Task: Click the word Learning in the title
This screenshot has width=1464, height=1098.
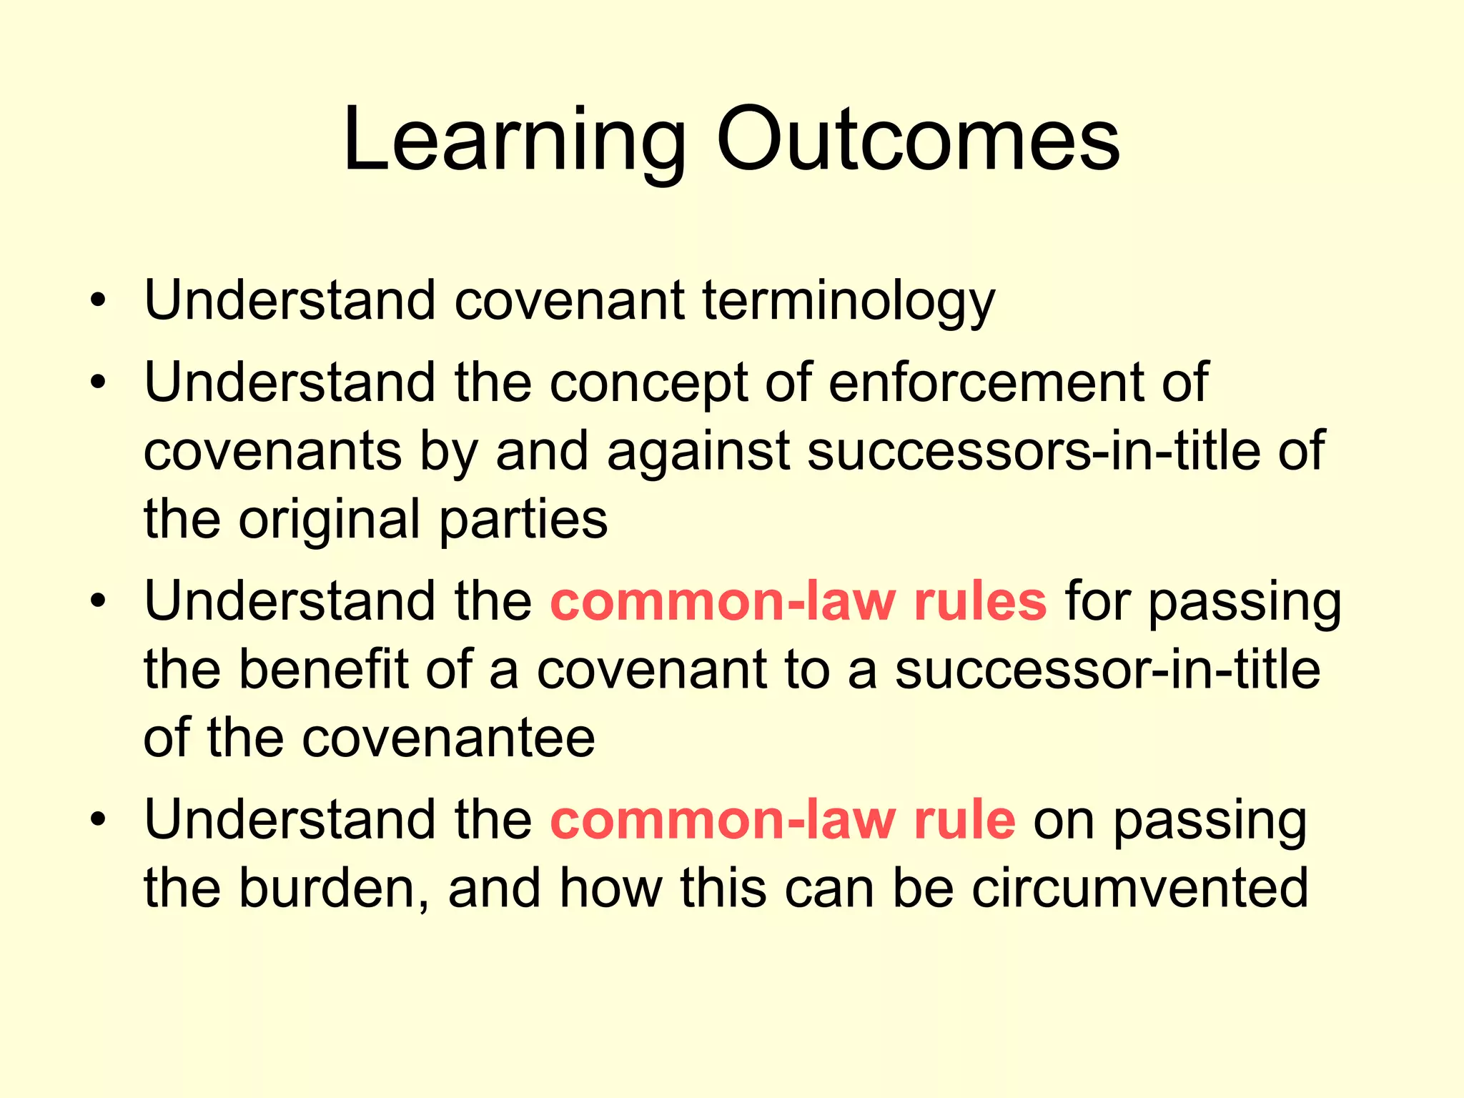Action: [514, 141]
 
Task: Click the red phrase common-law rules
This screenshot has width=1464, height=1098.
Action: [798, 601]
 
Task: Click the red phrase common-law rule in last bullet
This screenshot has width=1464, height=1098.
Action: [782, 820]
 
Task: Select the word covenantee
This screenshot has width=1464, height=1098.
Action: [448, 738]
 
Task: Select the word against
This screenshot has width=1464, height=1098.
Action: [698, 452]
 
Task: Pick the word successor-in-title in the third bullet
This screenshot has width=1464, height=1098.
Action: [1107, 670]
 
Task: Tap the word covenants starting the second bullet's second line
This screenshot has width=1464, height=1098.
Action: [273, 451]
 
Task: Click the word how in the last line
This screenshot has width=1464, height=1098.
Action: [610, 889]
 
